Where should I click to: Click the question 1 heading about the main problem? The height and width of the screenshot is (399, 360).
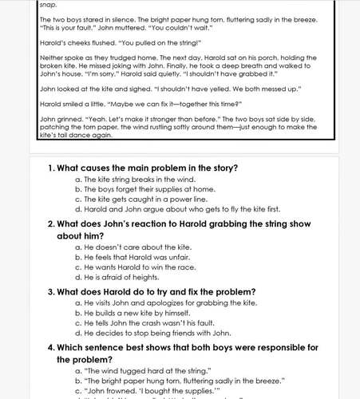click(x=143, y=168)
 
